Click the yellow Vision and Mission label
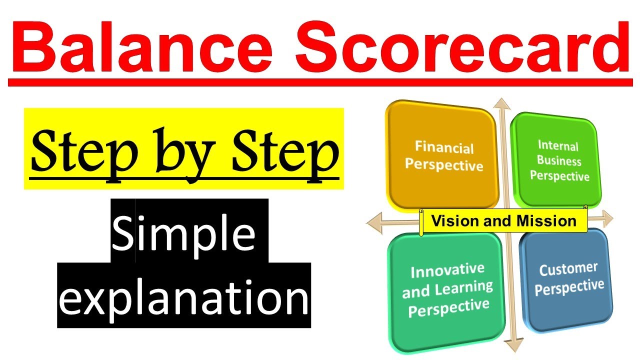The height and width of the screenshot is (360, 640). [503, 221]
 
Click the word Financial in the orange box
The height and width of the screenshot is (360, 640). [444, 148]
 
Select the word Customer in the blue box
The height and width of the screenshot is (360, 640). [567, 270]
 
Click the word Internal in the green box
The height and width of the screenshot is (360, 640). [558, 146]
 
